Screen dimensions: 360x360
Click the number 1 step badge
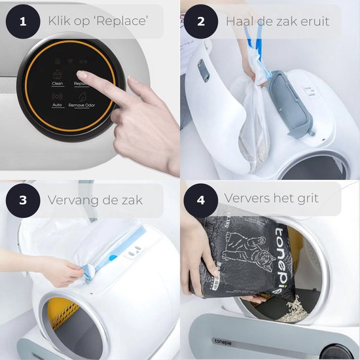[x=23, y=22]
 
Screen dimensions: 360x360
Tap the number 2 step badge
[x=201, y=22]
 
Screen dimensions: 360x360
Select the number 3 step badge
[x=23, y=200]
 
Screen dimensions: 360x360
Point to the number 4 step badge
[x=201, y=198]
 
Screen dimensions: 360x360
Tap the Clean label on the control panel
[x=58, y=84]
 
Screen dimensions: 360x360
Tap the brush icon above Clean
[x=58, y=75]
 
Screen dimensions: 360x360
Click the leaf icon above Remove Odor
[x=82, y=96]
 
